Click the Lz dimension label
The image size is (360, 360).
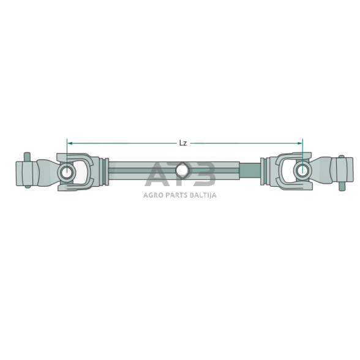182,143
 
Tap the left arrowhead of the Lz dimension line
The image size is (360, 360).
69,143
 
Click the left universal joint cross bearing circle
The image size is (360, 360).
67,173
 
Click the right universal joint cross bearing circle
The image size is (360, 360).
302,169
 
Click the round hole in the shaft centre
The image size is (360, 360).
181,171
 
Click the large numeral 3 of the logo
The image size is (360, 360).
205,174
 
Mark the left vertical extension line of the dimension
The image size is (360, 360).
67,153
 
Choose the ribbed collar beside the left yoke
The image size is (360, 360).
105,171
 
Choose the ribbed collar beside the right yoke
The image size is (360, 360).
263,170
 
